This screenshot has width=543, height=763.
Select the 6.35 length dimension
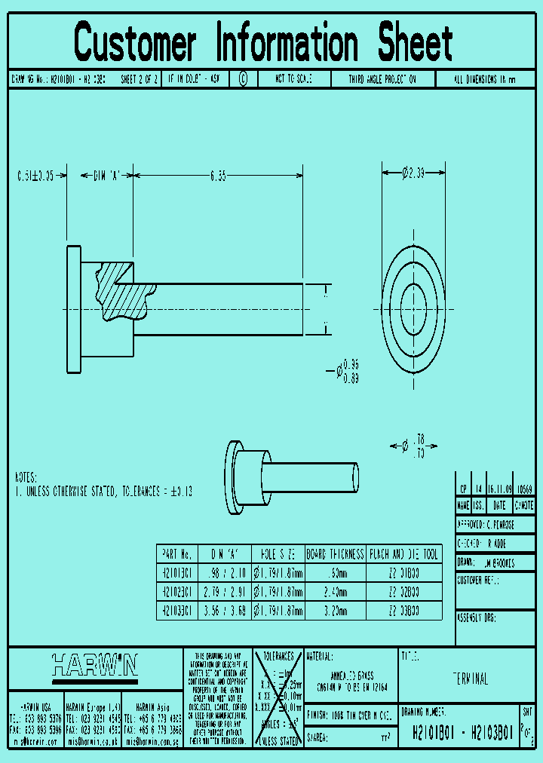[x=218, y=176]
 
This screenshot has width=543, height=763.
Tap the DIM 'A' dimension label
[x=107, y=176]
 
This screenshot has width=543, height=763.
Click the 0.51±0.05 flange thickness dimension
[x=35, y=176]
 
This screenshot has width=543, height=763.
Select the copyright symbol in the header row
[x=243, y=79]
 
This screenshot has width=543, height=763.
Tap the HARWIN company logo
[x=95, y=665]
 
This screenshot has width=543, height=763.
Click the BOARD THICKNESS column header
[x=336, y=554]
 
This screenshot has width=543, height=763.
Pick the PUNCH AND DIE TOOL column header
[x=403, y=554]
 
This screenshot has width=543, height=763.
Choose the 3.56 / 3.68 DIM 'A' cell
[x=225, y=610]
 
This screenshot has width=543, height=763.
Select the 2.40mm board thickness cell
[x=336, y=591]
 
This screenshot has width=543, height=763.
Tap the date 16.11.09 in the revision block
[x=499, y=489]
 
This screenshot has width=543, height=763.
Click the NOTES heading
[x=26, y=478]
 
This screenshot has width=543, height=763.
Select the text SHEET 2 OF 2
[x=140, y=79]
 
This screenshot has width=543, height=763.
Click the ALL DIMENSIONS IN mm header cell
[x=486, y=79]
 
